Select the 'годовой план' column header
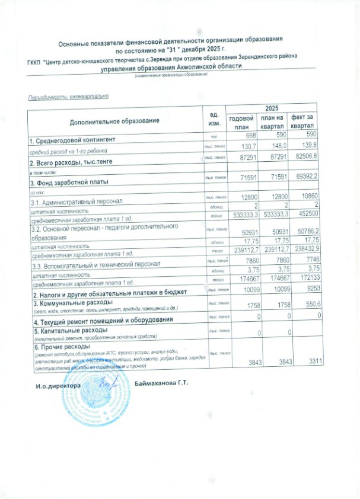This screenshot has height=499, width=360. [x=241, y=122]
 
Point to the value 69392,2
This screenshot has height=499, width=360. [x=306, y=177]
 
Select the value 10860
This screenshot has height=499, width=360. [x=310, y=196]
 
